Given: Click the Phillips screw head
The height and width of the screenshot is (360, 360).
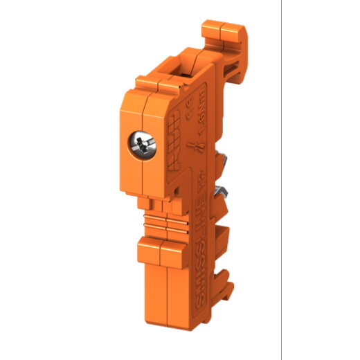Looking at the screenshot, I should click(x=139, y=145).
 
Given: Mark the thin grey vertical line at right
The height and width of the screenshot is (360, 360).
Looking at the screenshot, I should click(x=281, y=180).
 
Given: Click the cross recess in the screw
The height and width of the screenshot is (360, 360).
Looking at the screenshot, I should click(x=139, y=145).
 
